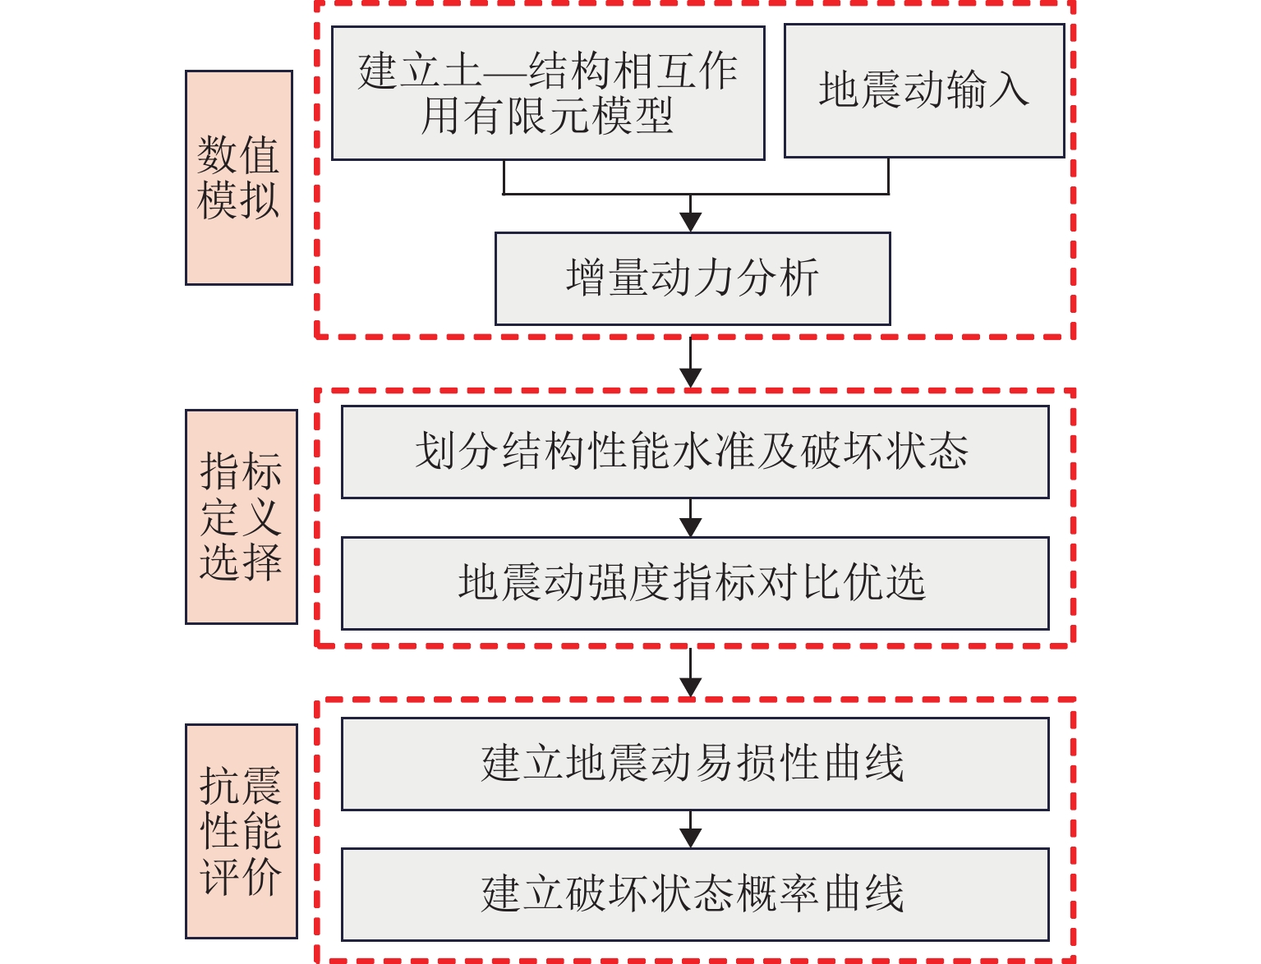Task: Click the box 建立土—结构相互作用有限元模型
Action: point(548,93)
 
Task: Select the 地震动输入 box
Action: point(924,90)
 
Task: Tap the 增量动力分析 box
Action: point(693,278)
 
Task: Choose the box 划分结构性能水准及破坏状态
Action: point(695,452)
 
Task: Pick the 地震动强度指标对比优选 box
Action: point(695,583)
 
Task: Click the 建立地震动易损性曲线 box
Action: point(695,764)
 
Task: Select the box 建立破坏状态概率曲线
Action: point(695,894)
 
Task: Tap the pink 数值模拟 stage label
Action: point(239,177)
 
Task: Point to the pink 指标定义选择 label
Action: point(242,516)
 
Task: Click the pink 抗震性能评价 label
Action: point(242,831)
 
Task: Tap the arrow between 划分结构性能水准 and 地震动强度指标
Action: point(691,526)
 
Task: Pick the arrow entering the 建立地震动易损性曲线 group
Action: point(691,686)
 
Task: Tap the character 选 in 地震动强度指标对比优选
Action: point(904,583)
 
